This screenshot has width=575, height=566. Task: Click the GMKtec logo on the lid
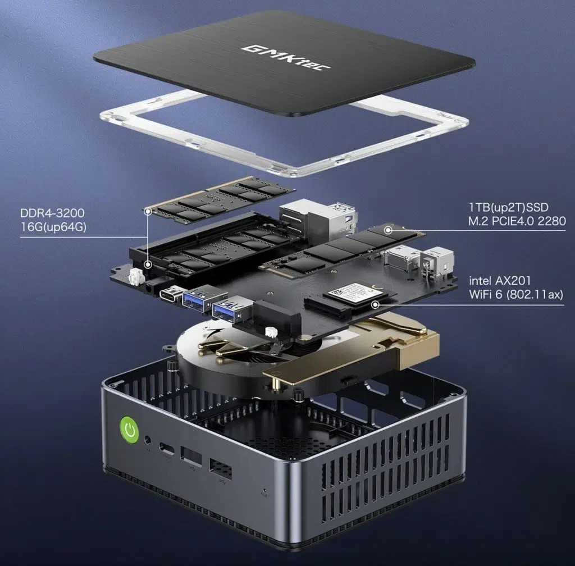point(286,57)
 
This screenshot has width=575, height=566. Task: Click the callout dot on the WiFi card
point(373,304)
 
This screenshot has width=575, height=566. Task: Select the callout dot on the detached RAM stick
point(148,211)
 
